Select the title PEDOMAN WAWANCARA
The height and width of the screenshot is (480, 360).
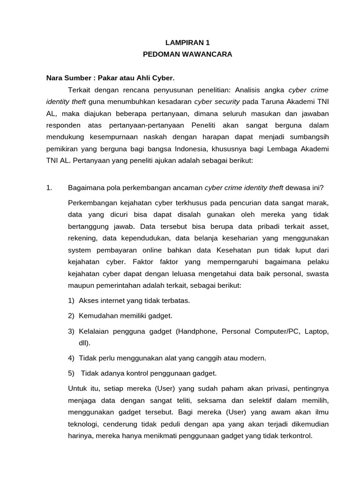pyautogui.click(x=187, y=54)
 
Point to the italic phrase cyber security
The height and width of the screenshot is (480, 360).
pyautogui.click(x=217, y=101)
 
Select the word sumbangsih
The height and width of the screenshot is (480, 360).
pyautogui.click(x=309, y=137)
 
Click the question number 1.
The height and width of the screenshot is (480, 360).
pyautogui.click(x=49, y=188)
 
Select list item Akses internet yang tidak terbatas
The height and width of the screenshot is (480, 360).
pyautogui.click(x=135, y=300)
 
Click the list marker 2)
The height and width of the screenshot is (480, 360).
pyautogui.click(x=71, y=315)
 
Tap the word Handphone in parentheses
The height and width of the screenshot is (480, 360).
pyautogui.click(x=198, y=331)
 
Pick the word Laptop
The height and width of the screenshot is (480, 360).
pyautogui.click(x=316, y=331)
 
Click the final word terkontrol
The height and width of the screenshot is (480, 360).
pyautogui.click(x=294, y=435)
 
